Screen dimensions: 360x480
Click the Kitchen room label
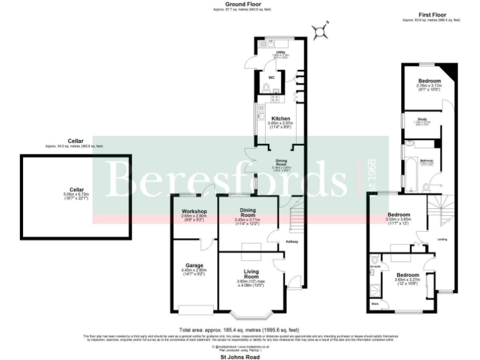click(x=281, y=118)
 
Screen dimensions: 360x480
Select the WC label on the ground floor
click(x=272, y=78)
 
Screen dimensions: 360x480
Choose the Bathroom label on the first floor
click(x=427, y=160)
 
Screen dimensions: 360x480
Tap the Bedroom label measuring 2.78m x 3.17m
click(x=429, y=81)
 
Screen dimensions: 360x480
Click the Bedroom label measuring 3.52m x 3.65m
click(x=399, y=214)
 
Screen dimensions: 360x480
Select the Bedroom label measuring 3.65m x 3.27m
click(x=407, y=275)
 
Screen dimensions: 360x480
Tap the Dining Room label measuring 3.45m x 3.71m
click(x=249, y=212)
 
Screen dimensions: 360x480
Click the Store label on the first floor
click(x=375, y=304)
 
